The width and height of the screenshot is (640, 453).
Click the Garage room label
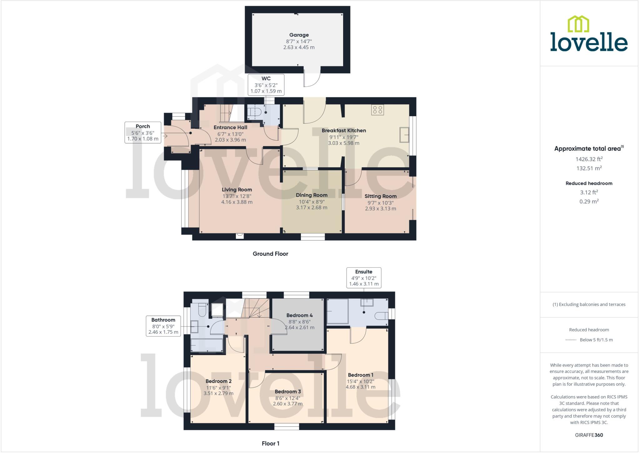coord(299,35)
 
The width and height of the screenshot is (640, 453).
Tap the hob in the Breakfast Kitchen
coord(377,110)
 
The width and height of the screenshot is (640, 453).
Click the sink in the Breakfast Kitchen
coord(404,135)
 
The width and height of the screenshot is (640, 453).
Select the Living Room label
coord(237,190)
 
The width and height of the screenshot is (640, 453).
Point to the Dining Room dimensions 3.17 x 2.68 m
coord(312,208)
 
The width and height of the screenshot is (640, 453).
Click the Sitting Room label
coord(380,196)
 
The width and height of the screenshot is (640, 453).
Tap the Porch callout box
coord(143,132)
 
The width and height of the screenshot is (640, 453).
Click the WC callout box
coord(266,85)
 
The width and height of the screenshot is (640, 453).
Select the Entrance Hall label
coord(230,127)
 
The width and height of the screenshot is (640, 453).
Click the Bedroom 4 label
coord(299,315)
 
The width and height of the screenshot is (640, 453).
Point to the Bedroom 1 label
coord(361,375)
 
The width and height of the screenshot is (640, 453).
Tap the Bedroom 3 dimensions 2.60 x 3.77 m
coord(287,404)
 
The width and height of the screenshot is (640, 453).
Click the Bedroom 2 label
coord(218,381)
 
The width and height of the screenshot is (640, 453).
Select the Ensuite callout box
coord(364,278)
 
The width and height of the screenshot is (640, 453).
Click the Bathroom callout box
coord(163,326)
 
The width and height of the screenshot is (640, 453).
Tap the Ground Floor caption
coord(270,254)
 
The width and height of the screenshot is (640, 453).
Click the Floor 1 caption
coord(270,443)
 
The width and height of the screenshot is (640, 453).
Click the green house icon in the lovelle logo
coord(578,24)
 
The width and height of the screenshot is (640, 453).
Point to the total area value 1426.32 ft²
coord(589,159)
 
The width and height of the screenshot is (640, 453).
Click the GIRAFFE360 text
coord(589,435)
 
